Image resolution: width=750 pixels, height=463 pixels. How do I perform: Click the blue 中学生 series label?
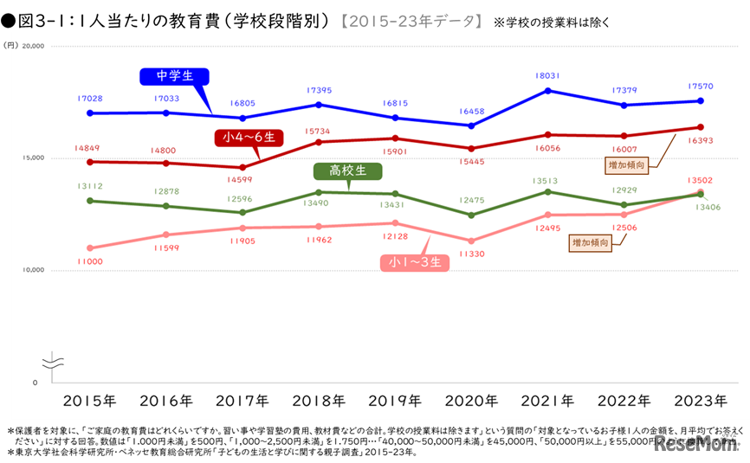(173, 76)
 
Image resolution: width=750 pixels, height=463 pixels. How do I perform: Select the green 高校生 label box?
(343, 170)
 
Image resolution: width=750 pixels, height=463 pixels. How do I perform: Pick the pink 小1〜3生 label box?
(416, 260)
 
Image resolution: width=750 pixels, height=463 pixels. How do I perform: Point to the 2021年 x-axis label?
(548, 401)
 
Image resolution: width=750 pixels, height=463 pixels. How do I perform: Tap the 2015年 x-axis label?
(90, 401)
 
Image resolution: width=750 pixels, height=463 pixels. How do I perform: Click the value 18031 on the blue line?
(548, 75)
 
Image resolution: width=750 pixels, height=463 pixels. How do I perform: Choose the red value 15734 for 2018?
(319, 130)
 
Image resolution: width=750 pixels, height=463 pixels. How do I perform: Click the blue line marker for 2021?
(548, 90)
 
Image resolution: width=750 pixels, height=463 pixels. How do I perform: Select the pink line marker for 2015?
(90, 248)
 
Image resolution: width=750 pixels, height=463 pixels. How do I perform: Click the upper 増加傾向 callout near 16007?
(624, 162)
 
